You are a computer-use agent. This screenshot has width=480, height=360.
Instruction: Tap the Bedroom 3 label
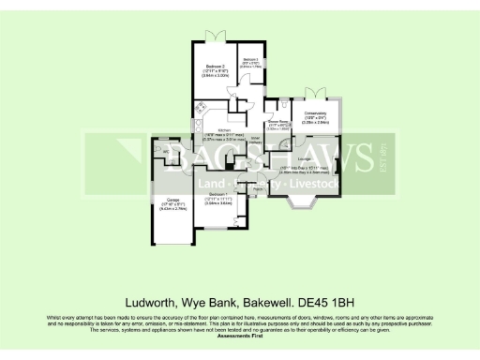249,63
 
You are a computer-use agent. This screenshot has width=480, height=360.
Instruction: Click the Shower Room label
278,123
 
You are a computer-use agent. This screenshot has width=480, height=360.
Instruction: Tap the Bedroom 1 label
217,195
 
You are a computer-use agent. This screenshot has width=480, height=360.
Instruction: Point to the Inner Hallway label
255,141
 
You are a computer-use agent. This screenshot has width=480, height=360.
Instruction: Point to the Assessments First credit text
239,335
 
